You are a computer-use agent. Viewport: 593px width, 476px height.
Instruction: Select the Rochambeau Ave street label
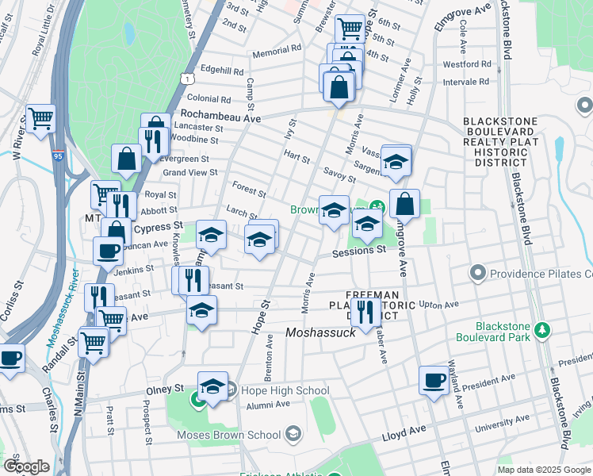220,117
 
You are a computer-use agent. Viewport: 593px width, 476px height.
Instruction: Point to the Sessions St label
358,250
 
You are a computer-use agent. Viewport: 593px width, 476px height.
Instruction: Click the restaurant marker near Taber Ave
365,310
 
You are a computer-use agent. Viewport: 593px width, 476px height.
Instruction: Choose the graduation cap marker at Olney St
212,386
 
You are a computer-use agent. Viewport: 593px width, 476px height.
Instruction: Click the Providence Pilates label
540,274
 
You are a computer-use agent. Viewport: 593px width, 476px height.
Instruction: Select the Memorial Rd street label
277,50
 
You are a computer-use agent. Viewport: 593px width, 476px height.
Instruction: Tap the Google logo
25,466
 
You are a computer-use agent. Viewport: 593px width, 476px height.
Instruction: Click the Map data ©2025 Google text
543,470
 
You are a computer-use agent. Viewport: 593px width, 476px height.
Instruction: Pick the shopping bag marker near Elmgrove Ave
404,204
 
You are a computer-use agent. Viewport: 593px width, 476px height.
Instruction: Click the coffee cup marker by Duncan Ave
108,251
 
